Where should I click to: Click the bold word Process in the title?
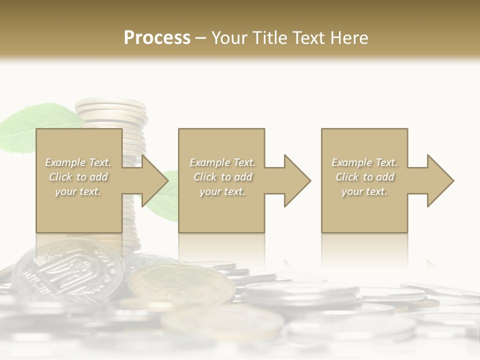157,38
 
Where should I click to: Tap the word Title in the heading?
269,38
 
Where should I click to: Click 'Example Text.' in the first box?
78,162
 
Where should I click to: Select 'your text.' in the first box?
78,191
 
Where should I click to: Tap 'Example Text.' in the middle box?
222,162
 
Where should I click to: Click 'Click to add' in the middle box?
222,177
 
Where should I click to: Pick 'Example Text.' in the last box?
364,162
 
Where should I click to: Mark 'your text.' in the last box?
364,191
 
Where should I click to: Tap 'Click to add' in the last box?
364,177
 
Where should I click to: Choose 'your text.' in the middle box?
222,191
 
